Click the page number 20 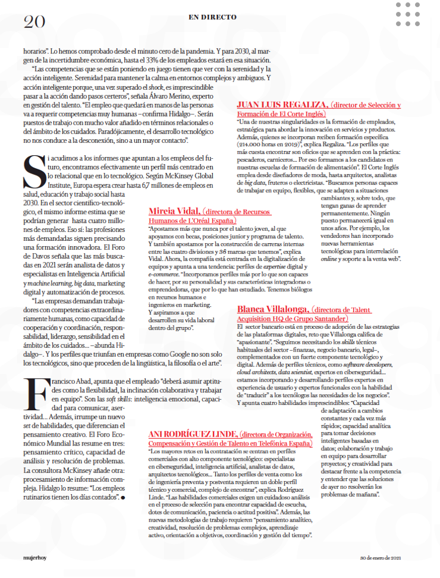[34, 21]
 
